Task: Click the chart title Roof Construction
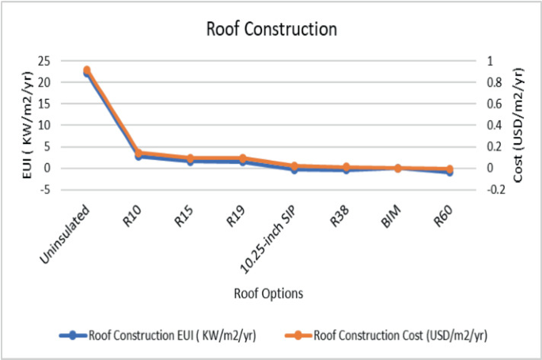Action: click(x=271, y=30)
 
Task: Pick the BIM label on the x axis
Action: click(x=393, y=203)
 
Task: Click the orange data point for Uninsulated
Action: click(x=86, y=70)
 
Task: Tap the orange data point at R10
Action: click(x=138, y=153)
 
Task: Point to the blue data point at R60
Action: click(x=449, y=172)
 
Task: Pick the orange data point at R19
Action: click(x=242, y=158)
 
